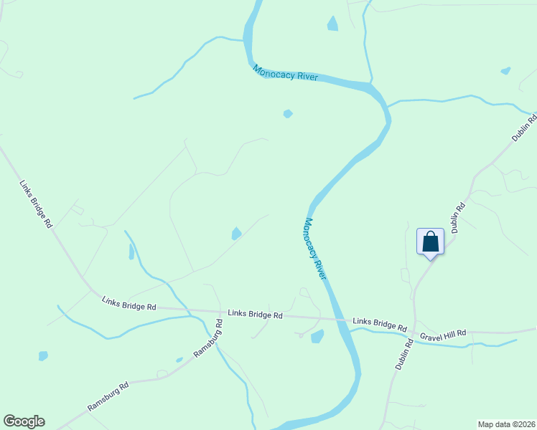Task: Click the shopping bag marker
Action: tap(430, 242)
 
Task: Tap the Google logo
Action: tap(24, 421)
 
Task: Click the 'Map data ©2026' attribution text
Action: tap(506, 424)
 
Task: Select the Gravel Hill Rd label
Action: tap(443, 333)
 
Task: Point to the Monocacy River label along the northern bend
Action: tap(285, 73)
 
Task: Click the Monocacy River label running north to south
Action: tap(315, 249)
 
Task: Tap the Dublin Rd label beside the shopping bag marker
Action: tap(458, 217)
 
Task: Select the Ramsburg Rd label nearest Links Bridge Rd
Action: tap(208, 340)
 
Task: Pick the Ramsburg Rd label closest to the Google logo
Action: tap(108, 396)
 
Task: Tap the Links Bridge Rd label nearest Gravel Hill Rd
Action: tap(380, 324)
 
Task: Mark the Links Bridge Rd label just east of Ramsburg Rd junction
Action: tap(255, 315)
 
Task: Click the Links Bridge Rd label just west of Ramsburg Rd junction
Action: tap(129, 303)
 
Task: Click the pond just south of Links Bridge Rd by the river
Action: tap(317, 336)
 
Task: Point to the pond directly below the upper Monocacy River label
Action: tap(288, 113)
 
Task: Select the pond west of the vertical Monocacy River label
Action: tap(235, 234)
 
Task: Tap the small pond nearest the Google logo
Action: tap(43, 355)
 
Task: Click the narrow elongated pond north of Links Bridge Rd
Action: tap(131, 252)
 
